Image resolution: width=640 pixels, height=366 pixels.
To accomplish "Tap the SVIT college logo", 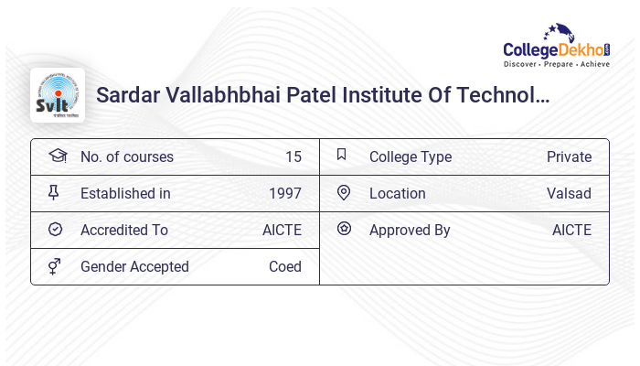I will [58, 95].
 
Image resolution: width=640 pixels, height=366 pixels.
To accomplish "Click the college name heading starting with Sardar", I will [323, 94].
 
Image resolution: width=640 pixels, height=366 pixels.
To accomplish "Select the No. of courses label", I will [126, 156].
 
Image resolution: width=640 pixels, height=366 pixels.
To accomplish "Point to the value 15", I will [293, 156].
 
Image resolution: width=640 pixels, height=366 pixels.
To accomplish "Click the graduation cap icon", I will [57, 156].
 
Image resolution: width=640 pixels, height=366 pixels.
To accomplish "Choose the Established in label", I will [125, 193].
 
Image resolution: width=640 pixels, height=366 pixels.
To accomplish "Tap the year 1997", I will [284, 193].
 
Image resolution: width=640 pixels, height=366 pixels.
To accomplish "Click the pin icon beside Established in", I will [55, 192].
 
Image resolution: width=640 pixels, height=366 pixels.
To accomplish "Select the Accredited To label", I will [124, 230].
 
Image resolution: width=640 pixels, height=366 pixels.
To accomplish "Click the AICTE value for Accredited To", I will [282, 230].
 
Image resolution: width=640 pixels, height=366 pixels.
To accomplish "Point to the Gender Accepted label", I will [134, 266].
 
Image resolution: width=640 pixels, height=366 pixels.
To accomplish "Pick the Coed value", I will [284, 266].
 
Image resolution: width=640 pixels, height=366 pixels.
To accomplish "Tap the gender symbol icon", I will [55, 266].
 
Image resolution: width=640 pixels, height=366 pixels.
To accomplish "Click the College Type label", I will [410, 156].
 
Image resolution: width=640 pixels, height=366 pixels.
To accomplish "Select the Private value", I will [569, 156].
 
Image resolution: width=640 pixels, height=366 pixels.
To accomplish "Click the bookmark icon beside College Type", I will [342, 155].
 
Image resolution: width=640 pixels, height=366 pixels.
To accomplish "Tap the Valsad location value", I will [569, 193].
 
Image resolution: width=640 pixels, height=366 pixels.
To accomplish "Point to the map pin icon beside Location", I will [344, 192].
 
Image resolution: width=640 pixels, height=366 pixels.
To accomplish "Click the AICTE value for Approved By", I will [571, 230].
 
